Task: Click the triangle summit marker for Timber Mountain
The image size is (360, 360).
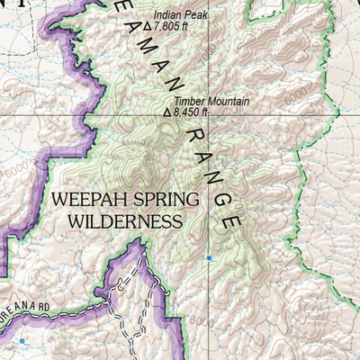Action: pos(167,113)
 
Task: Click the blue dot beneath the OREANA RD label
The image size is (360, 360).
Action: pos(22,341)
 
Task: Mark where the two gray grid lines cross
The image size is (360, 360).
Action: pos(212,116)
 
